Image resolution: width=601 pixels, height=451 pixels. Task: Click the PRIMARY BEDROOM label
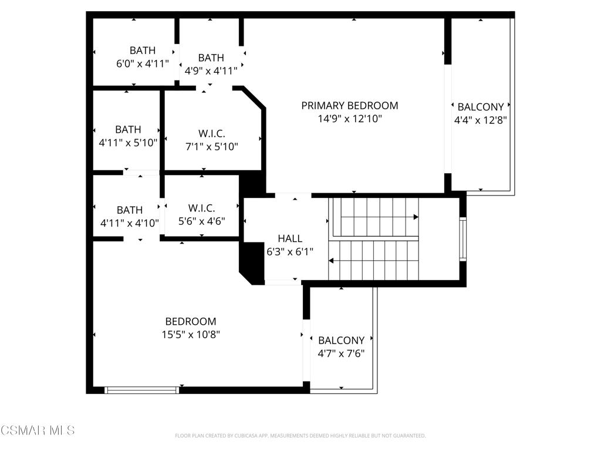pos(350,106)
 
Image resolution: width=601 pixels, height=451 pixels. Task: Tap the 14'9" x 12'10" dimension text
pos(350,119)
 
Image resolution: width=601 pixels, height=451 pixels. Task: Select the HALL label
pos(290,238)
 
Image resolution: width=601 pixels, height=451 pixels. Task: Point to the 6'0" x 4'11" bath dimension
pos(143,63)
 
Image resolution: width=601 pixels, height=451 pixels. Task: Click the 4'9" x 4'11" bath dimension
pos(211,71)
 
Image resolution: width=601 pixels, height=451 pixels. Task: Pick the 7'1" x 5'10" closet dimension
pos(211,146)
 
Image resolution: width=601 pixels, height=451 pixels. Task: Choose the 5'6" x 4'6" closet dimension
pos(202,221)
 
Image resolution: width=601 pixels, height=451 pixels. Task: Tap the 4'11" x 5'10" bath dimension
pos(128,143)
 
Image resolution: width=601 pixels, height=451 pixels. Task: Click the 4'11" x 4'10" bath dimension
pos(130,223)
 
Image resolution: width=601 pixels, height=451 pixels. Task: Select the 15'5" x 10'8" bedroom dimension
pos(191,334)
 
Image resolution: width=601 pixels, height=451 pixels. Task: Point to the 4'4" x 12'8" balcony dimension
pos(480,120)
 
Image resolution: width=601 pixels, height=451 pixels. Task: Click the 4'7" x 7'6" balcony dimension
pos(341,353)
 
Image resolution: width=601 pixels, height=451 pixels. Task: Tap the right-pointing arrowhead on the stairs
pos(416,217)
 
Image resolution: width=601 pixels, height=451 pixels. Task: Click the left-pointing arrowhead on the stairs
pos(331,261)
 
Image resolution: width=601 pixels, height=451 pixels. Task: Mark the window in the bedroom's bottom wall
pos(142,390)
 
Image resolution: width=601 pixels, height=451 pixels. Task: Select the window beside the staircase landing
pos(463,240)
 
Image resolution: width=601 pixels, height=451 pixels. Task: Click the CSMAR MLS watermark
pos(38,430)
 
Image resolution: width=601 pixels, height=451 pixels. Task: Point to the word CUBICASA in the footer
pos(245,436)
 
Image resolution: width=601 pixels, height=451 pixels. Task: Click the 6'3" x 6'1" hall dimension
pos(290,251)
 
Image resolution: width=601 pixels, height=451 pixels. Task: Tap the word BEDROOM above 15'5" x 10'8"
pos(191,321)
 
